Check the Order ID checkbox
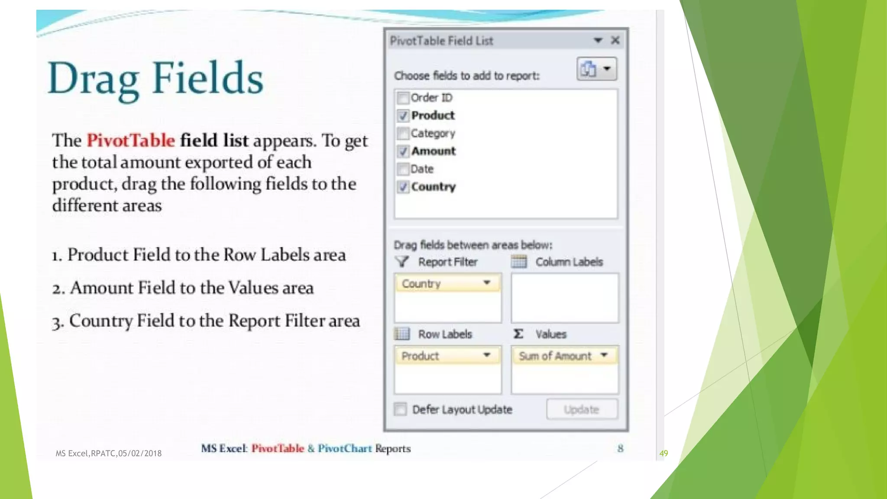[x=403, y=98]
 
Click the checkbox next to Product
[x=403, y=116]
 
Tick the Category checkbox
[x=403, y=133]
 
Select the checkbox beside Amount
[x=403, y=151]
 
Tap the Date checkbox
[x=403, y=169]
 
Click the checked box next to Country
[x=403, y=187]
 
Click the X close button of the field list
[x=615, y=40]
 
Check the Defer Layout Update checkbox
[x=400, y=409]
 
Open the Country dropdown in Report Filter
[x=487, y=283]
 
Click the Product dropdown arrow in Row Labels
[x=487, y=355]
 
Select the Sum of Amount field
[x=555, y=356]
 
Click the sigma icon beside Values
[x=518, y=334]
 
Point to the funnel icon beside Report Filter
[x=402, y=262]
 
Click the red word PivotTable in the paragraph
[x=131, y=140]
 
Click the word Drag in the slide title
[x=93, y=79]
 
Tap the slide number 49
[x=664, y=453]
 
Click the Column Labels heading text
[x=569, y=262]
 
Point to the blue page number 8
[x=620, y=448]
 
